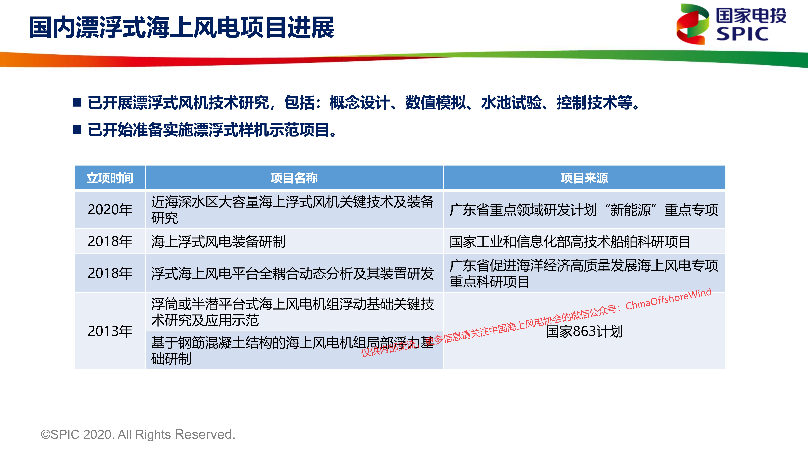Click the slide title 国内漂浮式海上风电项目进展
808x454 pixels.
(181, 28)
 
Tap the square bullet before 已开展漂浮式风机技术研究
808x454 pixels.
(77, 102)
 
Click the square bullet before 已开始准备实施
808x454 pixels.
(77, 129)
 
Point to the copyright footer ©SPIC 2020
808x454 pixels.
(138, 435)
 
